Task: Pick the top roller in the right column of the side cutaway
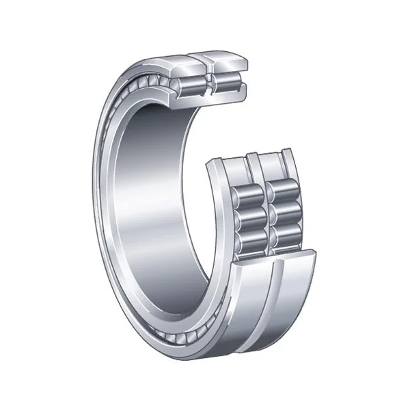[x=280, y=194]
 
